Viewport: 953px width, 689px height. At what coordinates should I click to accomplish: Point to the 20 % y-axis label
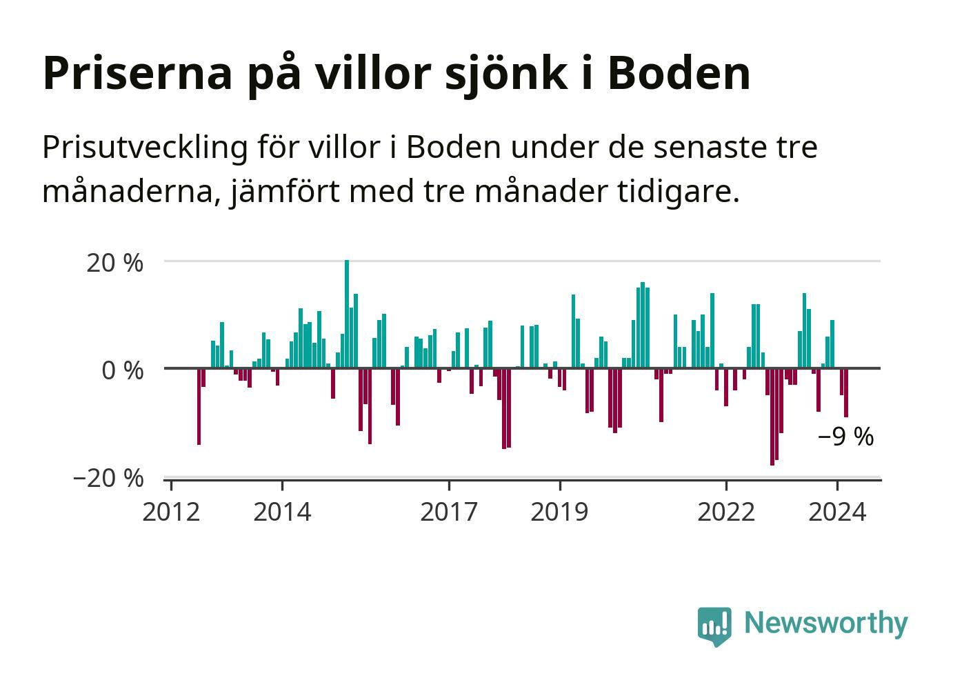tap(115, 263)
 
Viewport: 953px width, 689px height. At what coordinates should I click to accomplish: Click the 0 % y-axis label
tap(122, 370)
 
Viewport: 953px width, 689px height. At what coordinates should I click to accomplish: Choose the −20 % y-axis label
tap(108, 478)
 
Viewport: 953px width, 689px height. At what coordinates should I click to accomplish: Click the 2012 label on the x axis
tap(171, 512)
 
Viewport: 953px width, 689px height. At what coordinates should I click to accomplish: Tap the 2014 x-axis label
tap(282, 512)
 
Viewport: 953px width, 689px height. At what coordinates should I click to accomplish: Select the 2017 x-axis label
tap(449, 512)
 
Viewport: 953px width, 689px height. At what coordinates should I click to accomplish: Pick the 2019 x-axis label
tap(560, 512)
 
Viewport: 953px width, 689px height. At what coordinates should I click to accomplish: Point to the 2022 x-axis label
tap(726, 512)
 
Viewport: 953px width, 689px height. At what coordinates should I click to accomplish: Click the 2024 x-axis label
tap(837, 512)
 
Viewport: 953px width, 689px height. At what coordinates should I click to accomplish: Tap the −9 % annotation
tap(845, 437)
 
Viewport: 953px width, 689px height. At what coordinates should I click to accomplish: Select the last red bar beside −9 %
tap(846, 392)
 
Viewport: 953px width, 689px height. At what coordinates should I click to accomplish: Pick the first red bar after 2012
tap(199, 406)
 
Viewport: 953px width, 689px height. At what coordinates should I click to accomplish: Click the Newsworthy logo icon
tap(714, 626)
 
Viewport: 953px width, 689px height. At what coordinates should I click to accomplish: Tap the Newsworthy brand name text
tap(825, 623)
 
